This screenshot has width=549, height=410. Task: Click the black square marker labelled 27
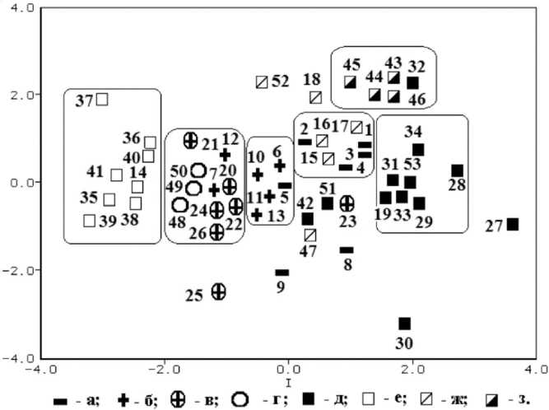coord(512,224)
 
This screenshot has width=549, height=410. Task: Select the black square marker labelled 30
coord(404,324)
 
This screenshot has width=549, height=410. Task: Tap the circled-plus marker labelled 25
coord(219,291)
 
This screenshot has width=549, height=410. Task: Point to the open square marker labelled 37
coord(102,100)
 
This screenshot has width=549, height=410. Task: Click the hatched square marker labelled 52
coord(262,82)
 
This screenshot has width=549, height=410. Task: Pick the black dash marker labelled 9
coord(282,272)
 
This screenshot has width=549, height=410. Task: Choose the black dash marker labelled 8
coord(347,249)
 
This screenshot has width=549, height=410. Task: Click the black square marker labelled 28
coord(458,170)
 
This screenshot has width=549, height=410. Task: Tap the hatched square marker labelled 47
coord(309,235)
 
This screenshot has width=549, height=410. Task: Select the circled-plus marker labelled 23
coord(347,203)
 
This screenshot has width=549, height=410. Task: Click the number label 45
coord(351,64)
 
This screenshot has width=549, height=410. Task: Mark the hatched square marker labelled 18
coord(315,97)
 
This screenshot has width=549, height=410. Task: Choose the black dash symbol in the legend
coord(60,400)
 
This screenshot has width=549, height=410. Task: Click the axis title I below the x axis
coord(288,384)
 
